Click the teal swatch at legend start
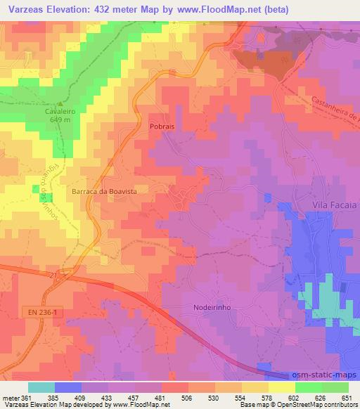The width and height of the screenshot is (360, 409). [41, 387]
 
